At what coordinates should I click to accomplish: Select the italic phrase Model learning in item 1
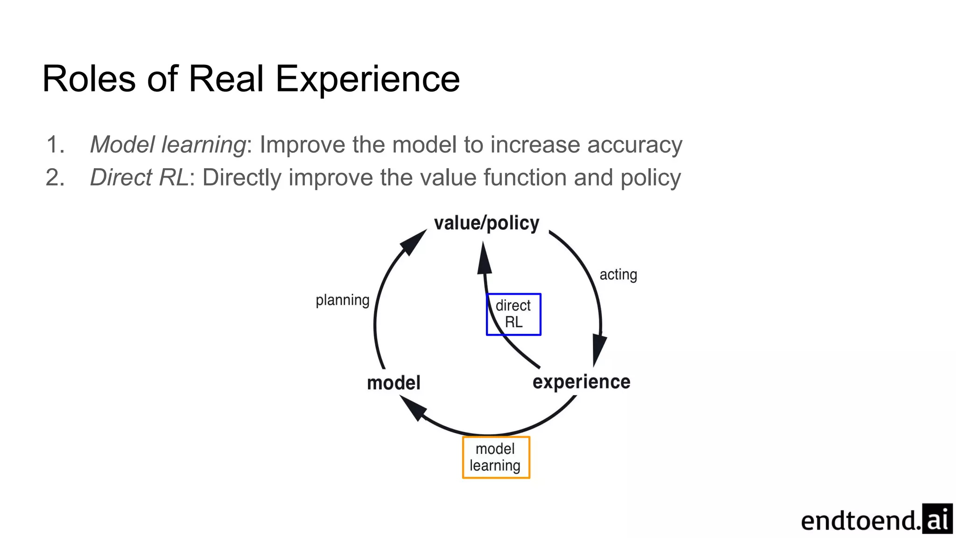coord(168,144)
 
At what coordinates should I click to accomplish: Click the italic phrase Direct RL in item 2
coord(139,177)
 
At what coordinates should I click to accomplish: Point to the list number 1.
coord(55,144)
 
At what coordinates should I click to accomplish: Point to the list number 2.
coord(55,177)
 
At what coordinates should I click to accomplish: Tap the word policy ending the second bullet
coord(650,177)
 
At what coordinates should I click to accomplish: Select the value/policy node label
coord(486,223)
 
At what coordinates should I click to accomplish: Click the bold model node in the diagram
coord(394,383)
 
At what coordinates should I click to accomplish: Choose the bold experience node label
coord(581,382)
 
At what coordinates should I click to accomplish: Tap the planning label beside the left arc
coord(342,300)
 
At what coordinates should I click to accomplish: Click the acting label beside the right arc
coord(618,275)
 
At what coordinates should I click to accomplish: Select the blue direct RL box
coord(513,314)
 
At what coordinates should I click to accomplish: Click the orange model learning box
coord(496,457)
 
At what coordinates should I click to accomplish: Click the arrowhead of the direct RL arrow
coord(485,259)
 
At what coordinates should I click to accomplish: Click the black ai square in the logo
coord(937,518)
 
